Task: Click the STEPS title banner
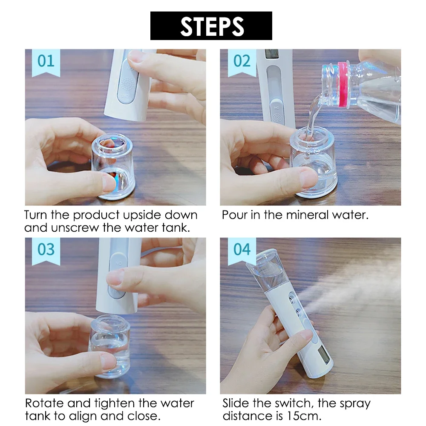click(211, 26)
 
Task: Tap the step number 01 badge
click(46, 61)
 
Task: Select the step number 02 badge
click(242, 61)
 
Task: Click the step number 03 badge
click(46, 250)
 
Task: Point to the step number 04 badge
click(242, 250)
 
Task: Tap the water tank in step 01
click(113, 166)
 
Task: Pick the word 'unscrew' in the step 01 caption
click(75, 227)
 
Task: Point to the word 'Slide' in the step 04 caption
click(236, 403)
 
